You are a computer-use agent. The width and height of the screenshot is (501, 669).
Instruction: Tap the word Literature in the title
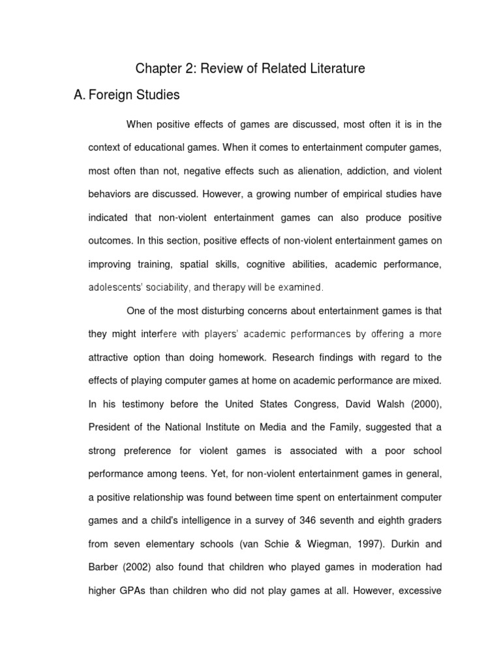(329, 69)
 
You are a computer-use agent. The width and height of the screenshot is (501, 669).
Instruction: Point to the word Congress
(322, 404)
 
